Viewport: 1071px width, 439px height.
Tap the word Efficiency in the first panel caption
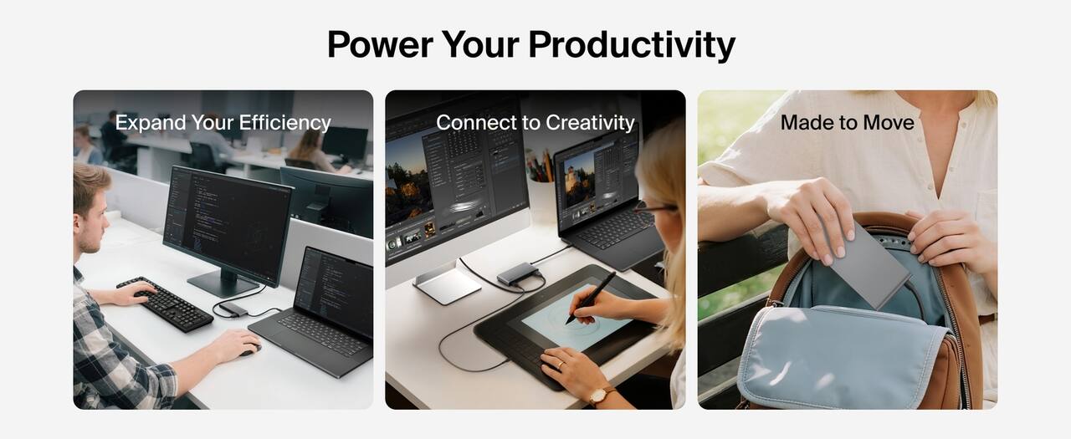(x=284, y=123)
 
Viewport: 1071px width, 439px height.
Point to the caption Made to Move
(x=847, y=123)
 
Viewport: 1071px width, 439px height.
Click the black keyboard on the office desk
(x=164, y=304)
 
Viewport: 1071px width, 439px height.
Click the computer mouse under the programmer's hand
(x=249, y=350)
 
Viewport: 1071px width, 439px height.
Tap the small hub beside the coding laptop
(x=233, y=309)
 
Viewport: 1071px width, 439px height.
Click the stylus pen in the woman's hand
(x=591, y=297)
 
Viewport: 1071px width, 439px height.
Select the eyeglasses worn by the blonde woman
(x=652, y=207)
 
